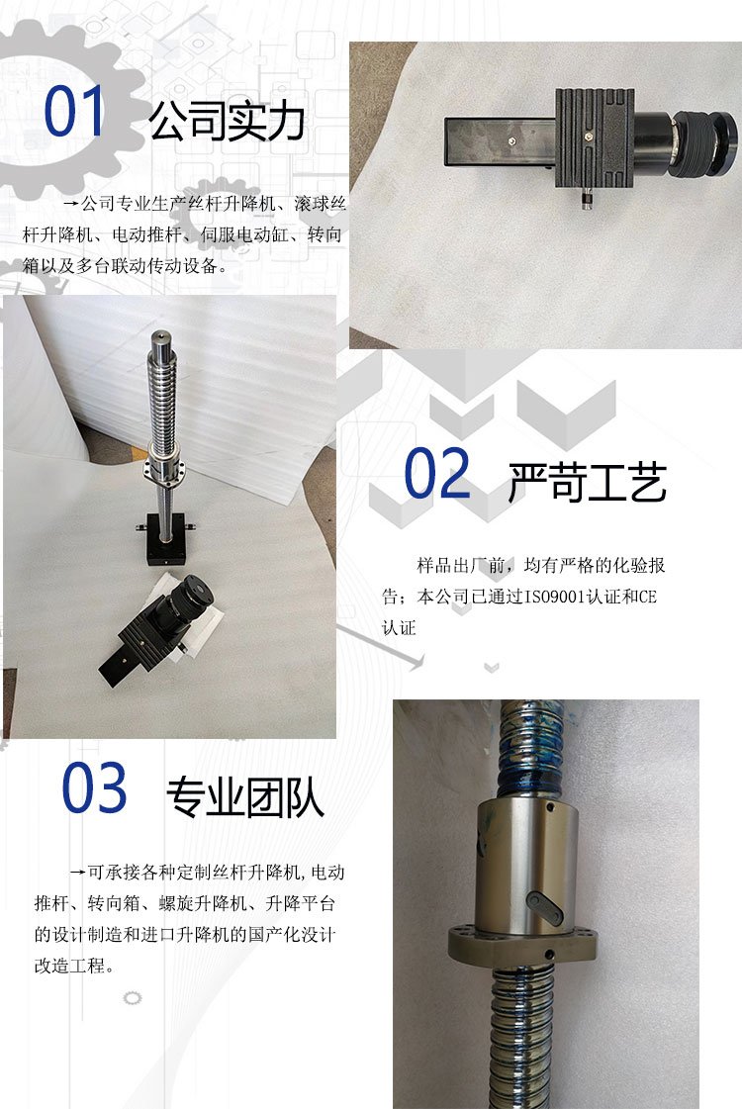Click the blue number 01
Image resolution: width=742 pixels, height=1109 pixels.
(x=74, y=111)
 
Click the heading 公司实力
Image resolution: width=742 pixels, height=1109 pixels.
(x=228, y=122)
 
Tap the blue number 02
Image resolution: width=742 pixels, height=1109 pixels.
(x=436, y=473)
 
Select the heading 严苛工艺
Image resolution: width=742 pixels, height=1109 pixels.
(x=588, y=483)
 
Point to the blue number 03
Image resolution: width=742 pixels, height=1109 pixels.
(x=94, y=787)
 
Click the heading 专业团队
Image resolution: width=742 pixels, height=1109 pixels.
(x=245, y=797)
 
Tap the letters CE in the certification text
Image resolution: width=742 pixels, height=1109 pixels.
(x=647, y=597)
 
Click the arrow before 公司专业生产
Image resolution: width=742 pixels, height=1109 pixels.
(x=71, y=205)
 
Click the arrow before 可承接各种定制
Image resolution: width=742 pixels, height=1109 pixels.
(x=78, y=873)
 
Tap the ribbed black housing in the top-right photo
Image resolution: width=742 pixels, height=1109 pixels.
(x=595, y=138)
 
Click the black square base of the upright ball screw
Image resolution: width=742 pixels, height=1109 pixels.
(x=167, y=539)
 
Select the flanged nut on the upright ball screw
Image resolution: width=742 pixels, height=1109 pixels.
(x=166, y=468)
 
